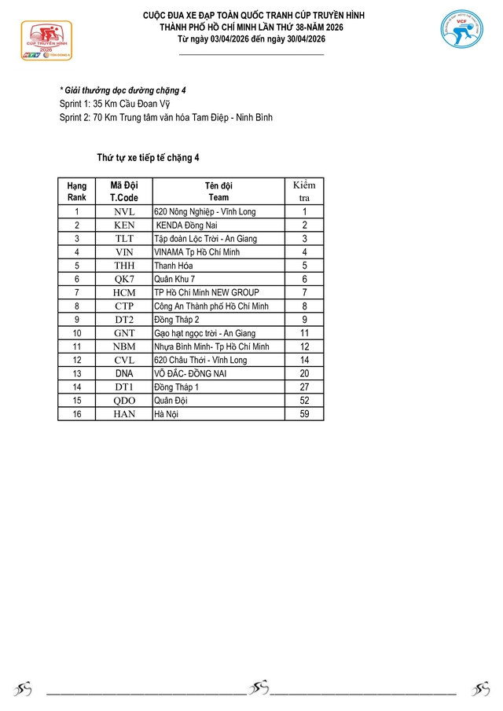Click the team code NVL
tap(124, 212)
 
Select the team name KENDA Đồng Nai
tap(188, 225)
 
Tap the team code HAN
tap(124, 414)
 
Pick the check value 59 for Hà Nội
tap(304, 414)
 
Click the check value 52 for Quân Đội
tap(304, 401)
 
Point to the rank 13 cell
tap(77, 374)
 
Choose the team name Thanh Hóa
tap(175, 266)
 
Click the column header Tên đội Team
tap(218, 192)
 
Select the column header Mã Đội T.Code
tap(124, 192)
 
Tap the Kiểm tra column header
tap(304, 191)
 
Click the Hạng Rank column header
tap(77, 192)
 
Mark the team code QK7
tap(124, 279)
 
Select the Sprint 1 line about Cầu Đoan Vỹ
tap(114, 104)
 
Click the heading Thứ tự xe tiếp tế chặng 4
tap(148, 158)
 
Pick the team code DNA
tap(124, 374)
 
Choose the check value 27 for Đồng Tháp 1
tap(304, 387)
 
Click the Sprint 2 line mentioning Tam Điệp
tap(166, 118)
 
